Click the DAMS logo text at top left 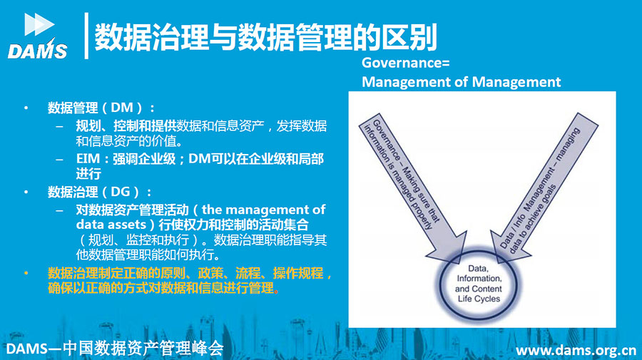pos(37,51)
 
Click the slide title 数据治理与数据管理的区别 pos(266,37)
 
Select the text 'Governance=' pos(405,63)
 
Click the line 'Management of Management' pos(461,82)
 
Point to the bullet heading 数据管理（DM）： pos(101,108)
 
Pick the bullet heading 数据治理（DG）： pos(100,192)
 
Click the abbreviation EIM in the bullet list pos(88,158)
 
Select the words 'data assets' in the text pos(111,225)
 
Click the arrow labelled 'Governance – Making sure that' pos(413,189)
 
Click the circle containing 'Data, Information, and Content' pos(478,284)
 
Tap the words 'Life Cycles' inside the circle pos(479,299)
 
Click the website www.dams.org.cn pos(576,350)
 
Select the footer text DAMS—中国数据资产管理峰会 pos(115,348)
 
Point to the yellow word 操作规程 pos(297,273)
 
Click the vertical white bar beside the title pos(86,36)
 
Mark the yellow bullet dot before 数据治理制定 pos(26,273)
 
